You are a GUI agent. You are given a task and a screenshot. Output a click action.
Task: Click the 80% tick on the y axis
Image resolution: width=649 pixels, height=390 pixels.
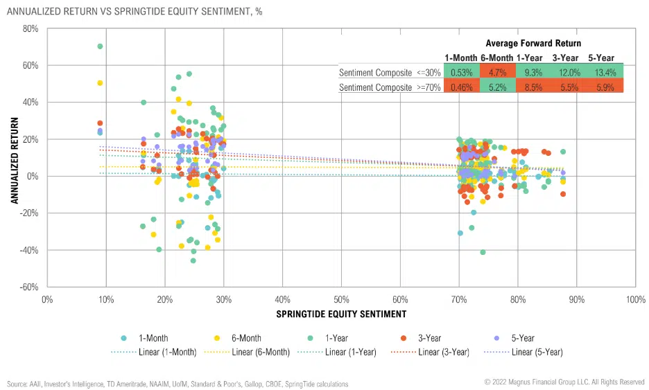pyautogui.click(x=29, y=28)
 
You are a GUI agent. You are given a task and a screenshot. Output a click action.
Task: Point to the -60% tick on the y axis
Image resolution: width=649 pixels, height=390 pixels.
pyautogui.click(x=28, y=287)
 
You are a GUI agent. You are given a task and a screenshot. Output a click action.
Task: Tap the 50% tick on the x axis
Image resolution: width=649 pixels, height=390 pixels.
pyautogui.click(x=341, y=300)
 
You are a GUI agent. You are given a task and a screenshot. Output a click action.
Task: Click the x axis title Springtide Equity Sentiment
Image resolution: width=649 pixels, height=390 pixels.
pyautogui.click(x=341, y=314)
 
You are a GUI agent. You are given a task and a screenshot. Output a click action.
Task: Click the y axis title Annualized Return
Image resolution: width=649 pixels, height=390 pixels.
pyautogui.click(x=14, y=158)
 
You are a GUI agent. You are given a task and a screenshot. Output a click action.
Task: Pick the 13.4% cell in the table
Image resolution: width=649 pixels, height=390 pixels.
pyautogui.click(x=600, y=72)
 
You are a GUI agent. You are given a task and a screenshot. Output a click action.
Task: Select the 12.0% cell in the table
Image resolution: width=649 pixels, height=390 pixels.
pyautogui.click(x=565, y=72)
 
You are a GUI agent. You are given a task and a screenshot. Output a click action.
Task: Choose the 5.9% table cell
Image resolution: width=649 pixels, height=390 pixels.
pyautogui.click(x=600, y=88)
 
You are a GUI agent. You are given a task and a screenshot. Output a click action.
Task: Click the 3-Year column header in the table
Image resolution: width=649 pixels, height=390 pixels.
pyautogui.click(x=565, y=57)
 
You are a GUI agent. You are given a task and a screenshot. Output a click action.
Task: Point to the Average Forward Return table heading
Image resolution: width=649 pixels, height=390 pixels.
pyautogui.click(x=533, y=43)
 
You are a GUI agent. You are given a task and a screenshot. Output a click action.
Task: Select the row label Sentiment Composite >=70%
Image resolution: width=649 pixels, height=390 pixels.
pyautogui.click(x=390, y=88)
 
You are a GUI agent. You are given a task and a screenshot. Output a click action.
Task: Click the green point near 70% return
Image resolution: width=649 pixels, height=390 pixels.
pyautogui.click(x=100, y=46)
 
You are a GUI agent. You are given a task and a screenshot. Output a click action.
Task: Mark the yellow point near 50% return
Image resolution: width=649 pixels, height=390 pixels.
pyautogui.click(x=100, y=83)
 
